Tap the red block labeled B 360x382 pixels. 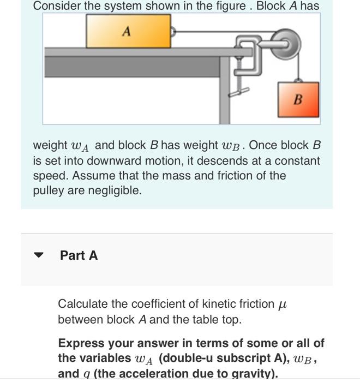tap(298, 99)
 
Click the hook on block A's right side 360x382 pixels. tap(173, 32)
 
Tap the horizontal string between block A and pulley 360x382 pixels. tap(218, 32)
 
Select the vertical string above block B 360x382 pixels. tap(298, 65)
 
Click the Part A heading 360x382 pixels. tap(79, 255)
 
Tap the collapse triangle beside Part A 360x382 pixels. tap(39, 255)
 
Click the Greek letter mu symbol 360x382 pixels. tap(282, 305)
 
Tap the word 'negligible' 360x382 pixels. tap(116, 190)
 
